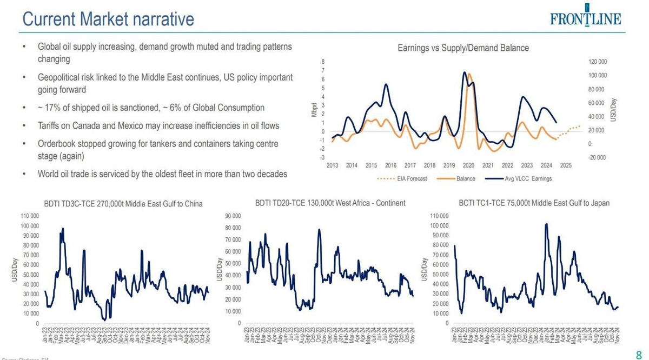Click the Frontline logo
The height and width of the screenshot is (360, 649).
click(x=586, y=18)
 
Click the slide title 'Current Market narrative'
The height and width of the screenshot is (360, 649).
click(x=108, y=19)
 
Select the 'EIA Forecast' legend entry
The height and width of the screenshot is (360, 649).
click(x=409, y=178)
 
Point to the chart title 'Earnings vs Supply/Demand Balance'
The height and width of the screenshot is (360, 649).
click(x=463, y=48)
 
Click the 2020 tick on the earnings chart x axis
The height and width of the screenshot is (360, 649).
click(x=468, y=165)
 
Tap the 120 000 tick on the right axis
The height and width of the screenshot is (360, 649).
click(x=597, y=62)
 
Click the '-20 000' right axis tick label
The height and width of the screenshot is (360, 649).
click(x=597, y=157)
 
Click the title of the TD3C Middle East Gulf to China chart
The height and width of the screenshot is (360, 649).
click(x=123, y=204)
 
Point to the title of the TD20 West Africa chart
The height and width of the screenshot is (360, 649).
click(x=330, y=203)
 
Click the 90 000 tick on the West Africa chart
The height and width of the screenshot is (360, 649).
click(x=233, y=216)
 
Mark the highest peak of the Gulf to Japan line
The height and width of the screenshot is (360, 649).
click(x=546, y=224)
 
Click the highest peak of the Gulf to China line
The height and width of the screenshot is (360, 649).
click(x=63, y=229)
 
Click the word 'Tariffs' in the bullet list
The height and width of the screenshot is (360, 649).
click(x=50, y=126)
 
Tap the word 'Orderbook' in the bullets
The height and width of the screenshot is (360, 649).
click(x=57, y=144)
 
